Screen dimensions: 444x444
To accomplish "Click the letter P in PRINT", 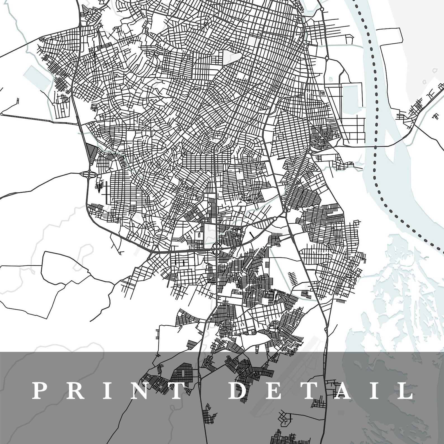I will [38, 391].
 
